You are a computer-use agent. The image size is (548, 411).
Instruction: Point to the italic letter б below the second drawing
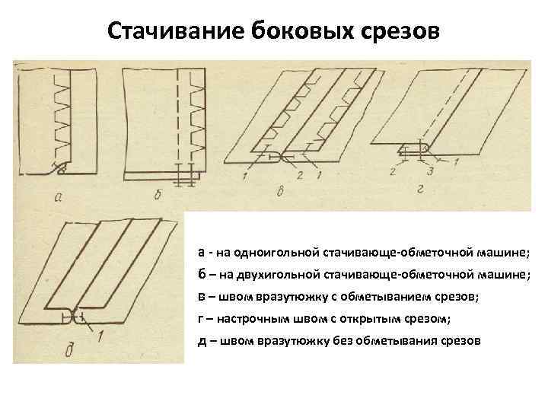point(159,196)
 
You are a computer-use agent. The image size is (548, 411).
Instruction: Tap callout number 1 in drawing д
point(99,337)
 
